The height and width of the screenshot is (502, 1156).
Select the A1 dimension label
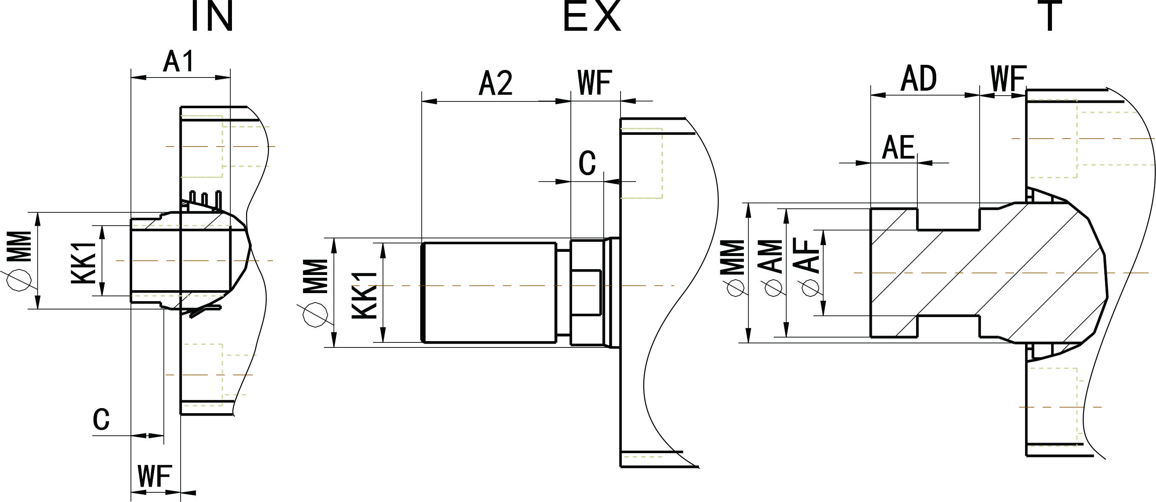[178, 61]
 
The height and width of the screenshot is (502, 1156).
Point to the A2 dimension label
[495, 83]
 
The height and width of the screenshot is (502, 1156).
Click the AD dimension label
[919, 79]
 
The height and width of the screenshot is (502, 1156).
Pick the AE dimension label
[898, 147]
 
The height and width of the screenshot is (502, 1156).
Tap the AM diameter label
[770, 257]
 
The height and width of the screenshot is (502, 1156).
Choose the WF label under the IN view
[155, 476]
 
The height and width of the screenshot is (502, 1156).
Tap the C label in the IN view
[101, 419]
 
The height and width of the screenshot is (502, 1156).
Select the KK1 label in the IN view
[84, 263]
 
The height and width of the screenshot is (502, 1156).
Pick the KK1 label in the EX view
[365, 296]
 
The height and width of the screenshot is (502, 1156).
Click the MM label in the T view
[732, 257]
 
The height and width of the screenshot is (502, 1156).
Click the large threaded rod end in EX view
[489, 292]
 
